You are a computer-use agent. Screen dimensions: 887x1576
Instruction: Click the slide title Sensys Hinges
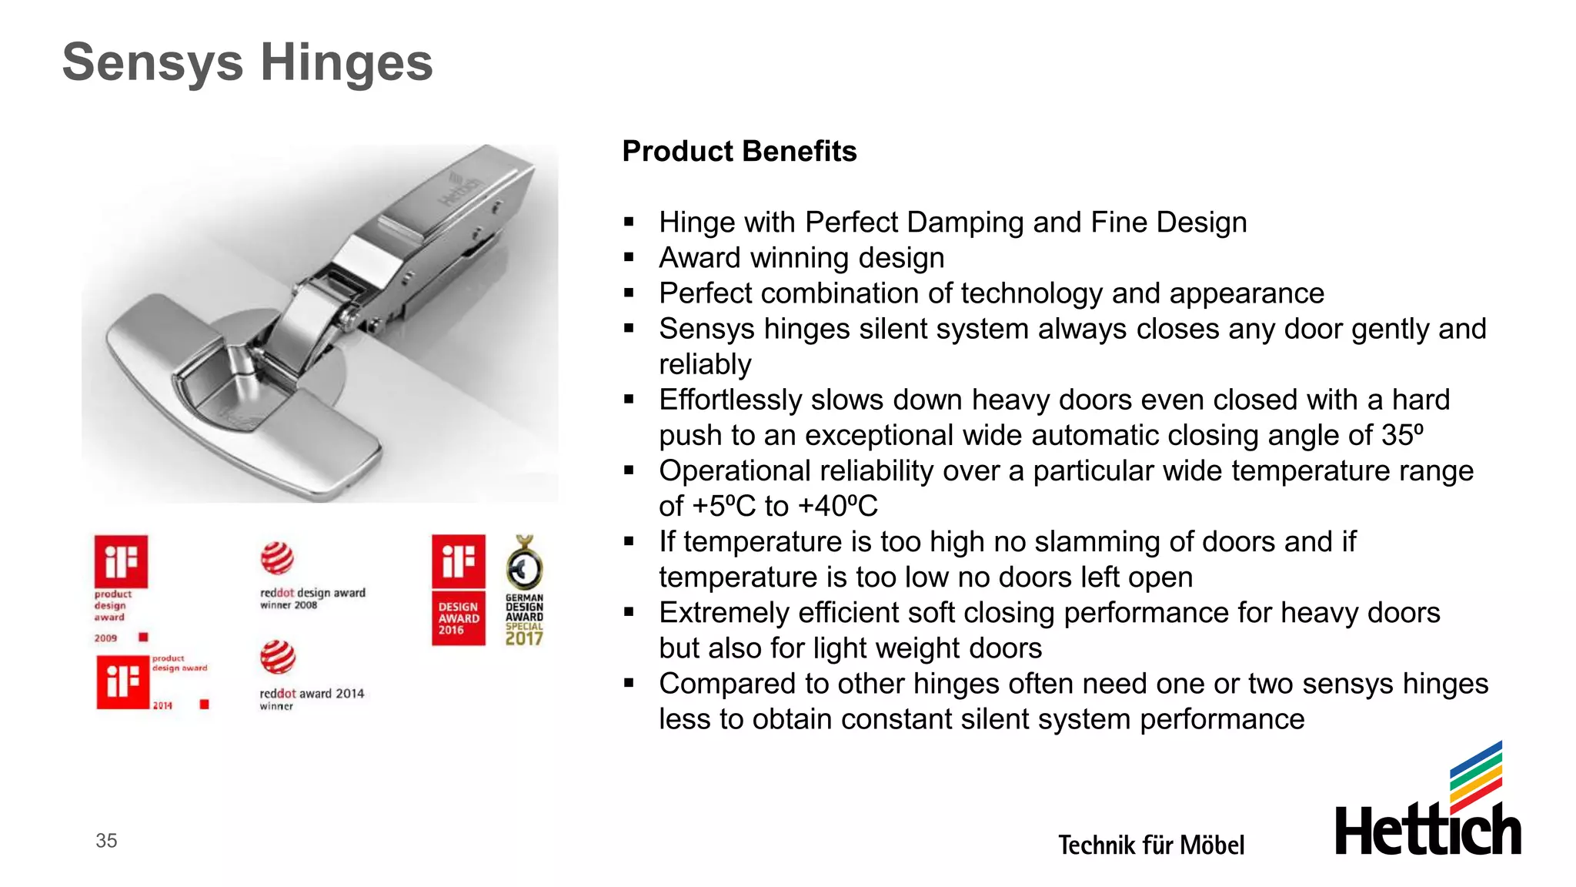click(x=247, y=62)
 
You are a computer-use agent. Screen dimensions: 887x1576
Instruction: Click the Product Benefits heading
click(x=739, y=152)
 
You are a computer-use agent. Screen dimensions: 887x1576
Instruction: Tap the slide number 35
click(x=106, y=841)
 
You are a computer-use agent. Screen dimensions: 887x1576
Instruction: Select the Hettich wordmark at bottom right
click(x=1427, y=830)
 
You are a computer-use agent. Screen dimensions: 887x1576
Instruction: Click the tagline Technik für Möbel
click(x=1150, y=845)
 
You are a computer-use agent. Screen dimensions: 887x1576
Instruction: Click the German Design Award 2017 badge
click(x=524, y=591)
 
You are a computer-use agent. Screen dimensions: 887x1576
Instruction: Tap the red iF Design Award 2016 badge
click(x=459, y=590)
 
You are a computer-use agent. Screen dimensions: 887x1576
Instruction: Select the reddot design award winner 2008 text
click(x=312, y=598)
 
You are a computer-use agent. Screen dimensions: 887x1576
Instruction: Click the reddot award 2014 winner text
click(x=311, y=698)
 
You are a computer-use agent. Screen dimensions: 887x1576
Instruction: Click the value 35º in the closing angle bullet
click(x=1402, y=436)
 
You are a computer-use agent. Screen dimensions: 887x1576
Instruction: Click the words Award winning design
click(x=801, y=258)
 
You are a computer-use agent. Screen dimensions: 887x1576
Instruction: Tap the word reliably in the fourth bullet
click(x=705, y=364)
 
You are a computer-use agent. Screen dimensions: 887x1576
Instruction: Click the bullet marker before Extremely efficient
click(x=629, y=613)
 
